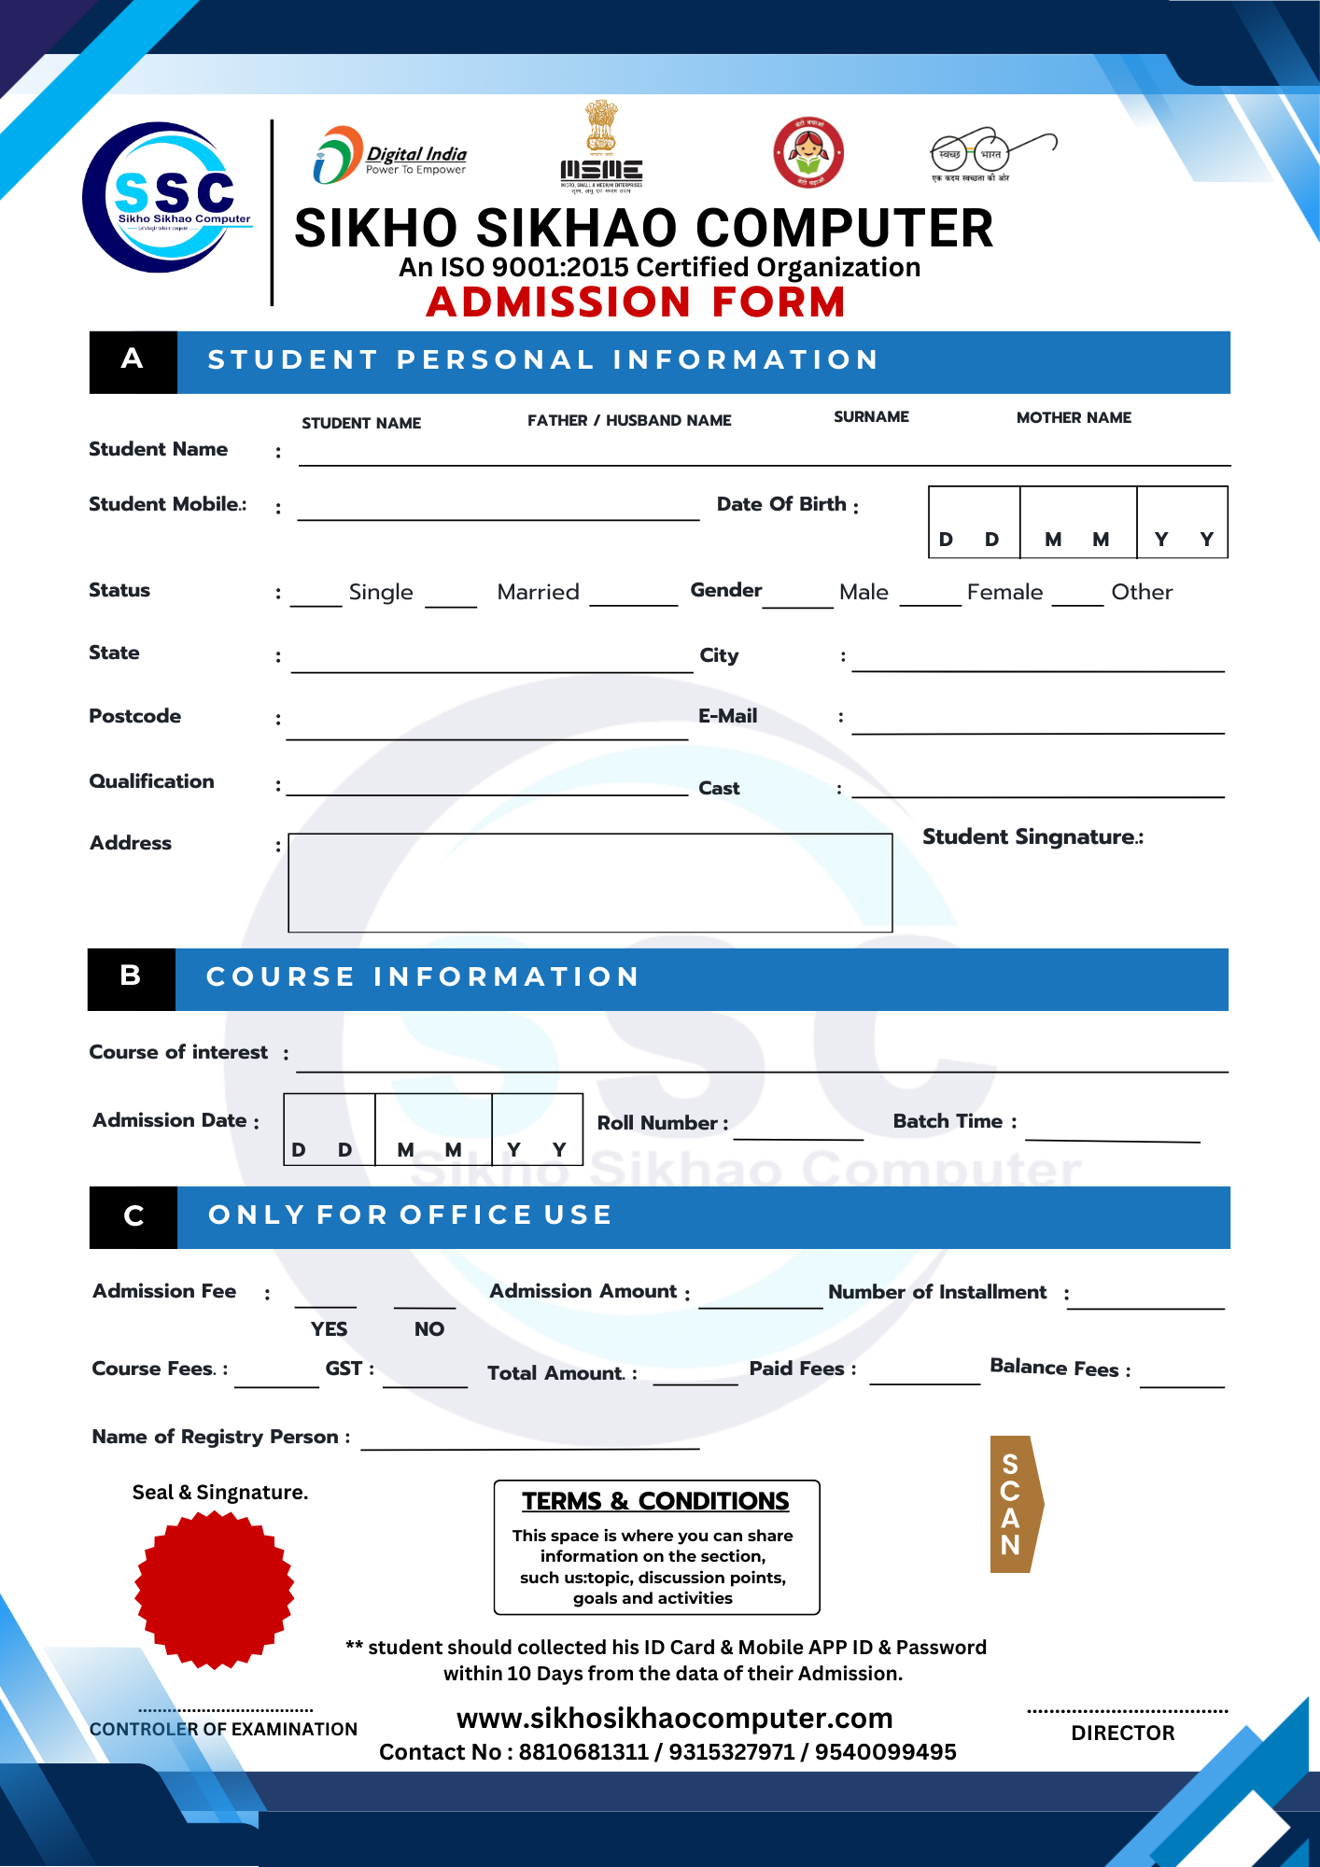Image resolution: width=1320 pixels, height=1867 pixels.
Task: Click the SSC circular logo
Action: (x=166, y=198)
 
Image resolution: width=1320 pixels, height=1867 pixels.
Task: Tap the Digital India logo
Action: (x=390, y=156)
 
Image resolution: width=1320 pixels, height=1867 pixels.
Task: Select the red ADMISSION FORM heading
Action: (x=636, y=302)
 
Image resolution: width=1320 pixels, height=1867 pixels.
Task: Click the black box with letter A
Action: (x=133, y=361)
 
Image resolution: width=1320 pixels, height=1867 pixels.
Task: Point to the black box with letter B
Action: (x=131, y=978)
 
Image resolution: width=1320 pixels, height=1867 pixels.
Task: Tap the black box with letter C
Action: (x=133, y=1216)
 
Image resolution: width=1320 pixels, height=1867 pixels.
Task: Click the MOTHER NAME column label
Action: (x=1074, y=418)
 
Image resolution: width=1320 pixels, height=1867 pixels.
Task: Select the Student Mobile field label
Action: (x=168, y=504)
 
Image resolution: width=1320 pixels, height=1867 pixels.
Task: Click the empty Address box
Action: (x=590, y=882)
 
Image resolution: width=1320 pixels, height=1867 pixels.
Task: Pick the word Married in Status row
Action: (x=538, y=592)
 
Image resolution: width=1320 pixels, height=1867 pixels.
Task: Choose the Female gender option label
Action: (x=1004, y=592)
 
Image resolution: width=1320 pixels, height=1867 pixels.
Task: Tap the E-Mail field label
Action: (x=727, y=716)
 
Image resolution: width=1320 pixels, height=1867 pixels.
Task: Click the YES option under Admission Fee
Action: (x=329, y=1328)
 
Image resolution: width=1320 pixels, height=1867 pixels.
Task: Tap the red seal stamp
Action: (x=215, y=1590)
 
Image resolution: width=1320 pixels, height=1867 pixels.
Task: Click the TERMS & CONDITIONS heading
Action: (x=655, y=1501)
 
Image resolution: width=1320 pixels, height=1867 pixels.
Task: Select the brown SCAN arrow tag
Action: (x=1015, y=1504)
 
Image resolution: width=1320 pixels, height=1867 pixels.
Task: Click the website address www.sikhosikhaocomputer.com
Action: (x=674, y=1718)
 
